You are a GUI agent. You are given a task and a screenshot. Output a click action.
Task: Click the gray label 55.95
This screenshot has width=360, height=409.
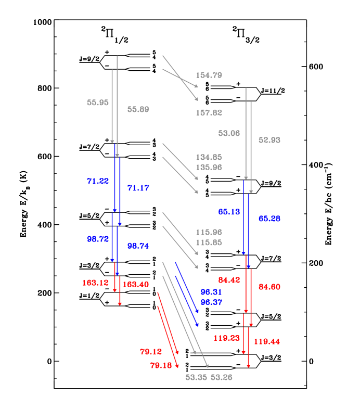coord(98,103)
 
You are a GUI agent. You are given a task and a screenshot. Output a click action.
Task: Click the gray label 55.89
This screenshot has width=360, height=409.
coord(138,109)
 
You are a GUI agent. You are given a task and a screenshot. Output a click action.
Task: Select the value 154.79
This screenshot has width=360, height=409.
coord(209,75)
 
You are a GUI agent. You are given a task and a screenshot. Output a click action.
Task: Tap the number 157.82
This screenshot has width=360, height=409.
coord(209,112)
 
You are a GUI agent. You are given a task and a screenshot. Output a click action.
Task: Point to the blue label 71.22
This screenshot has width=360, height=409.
coord(98,181)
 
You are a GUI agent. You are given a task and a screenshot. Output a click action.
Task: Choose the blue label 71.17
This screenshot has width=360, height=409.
coord(138,188)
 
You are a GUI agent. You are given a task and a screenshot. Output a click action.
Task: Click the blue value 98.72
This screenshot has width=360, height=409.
coord(98,239)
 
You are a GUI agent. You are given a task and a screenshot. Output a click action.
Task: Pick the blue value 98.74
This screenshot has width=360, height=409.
coord(138,246)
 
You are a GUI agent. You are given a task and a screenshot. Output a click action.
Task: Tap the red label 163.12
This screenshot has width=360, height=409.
coord(96,283)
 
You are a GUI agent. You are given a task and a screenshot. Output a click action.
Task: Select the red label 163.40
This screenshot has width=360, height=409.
coord(136,284)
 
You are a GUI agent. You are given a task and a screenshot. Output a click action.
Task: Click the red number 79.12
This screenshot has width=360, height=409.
coord(151,352)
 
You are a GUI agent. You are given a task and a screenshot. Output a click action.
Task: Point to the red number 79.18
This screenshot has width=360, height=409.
coord(161,365)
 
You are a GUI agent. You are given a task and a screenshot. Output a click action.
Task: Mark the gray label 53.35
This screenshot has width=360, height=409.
coord(196,377)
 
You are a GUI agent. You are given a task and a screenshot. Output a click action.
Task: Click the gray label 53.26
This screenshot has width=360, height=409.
coord(221,377)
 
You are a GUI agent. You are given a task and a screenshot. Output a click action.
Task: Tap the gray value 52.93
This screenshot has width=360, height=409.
coord(269,140)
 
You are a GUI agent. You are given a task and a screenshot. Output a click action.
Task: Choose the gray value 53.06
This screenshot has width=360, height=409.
coord(229,133)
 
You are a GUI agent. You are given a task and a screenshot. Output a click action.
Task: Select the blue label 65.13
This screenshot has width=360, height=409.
coord(229,212)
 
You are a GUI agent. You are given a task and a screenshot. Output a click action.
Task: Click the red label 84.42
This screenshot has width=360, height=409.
coord(229,280)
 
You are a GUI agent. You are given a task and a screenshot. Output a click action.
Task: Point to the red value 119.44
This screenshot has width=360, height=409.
coord(267,342)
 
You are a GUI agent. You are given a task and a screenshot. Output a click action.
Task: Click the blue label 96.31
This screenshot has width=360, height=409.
coord(211,292)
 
